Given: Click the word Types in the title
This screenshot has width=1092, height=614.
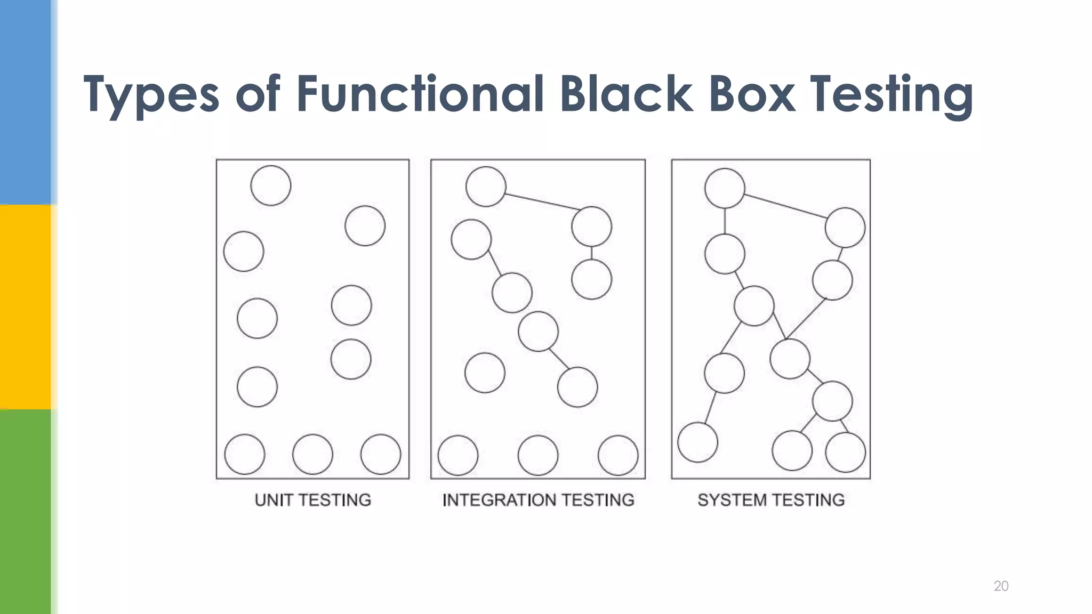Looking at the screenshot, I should coord(151,95).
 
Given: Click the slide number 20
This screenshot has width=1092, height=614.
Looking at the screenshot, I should coord(1001,586).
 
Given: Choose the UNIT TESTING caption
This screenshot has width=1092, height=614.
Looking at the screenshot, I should coord(312,500).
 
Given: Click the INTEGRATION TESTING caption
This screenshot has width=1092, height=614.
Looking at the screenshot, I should coord(538,500).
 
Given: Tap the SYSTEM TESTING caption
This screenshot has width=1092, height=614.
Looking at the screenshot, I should coord(771,500).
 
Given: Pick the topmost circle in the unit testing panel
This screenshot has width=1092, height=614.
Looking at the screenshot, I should coord(271,185).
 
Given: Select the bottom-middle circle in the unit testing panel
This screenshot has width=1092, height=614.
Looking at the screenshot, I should coord(312,454).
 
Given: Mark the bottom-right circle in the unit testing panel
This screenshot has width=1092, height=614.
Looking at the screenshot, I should coord(381,454).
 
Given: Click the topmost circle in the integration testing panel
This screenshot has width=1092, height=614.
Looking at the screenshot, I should coord(486,187).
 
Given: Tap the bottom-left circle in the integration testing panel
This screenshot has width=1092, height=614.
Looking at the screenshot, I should coord(458,455).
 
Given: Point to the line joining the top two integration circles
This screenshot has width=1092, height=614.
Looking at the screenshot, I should coord(541,201).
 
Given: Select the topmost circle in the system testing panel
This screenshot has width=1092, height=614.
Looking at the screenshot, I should coord(725,188).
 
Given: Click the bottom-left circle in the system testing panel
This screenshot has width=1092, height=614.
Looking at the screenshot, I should coord(697,442).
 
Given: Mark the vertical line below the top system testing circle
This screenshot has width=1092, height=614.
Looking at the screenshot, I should coord(725,221).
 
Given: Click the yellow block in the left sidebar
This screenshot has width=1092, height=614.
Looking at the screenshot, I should coord(25,306).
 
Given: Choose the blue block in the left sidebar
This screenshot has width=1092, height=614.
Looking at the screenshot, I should coord(25,101).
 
